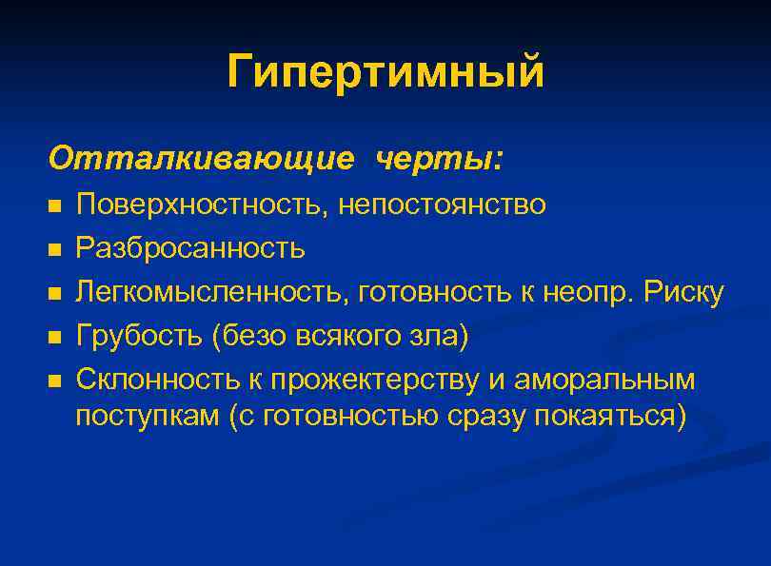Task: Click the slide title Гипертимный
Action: [x=385, y=71]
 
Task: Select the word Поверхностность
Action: [x=199, y=205]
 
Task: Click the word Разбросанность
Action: [x=190, y=248]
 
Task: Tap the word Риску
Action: [x=684, y=292]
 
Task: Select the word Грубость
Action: [x=137, y=336]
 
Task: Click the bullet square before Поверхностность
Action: [x=54, y=205]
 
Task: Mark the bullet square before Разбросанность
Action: [x=54, y=249]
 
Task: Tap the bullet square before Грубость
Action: [x=54, y=337]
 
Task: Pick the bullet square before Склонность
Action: [x=54, y=381]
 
